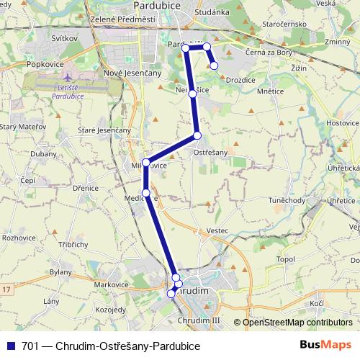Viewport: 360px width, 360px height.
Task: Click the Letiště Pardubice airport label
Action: (72, 91)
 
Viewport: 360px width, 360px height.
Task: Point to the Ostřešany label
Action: (211, 152)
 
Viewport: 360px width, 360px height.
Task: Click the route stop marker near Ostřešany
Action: (197, 135)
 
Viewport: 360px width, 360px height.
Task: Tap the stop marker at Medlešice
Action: (146, 193)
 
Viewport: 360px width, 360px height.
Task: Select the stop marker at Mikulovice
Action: (146, 162)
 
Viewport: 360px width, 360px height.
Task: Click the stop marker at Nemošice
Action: (192, 94)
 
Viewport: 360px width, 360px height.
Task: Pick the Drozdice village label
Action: (240, 80)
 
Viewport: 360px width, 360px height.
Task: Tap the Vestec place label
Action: (217, 230)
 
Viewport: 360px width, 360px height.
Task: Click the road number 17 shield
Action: (6, 289)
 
